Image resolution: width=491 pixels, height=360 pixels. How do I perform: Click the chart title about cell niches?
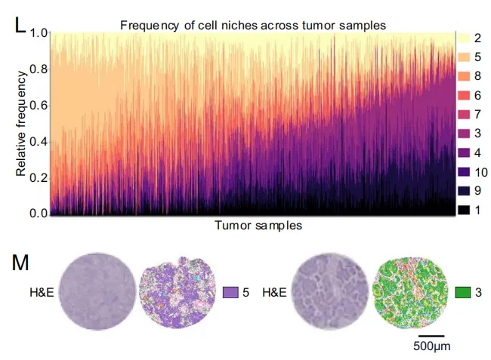[253, 26]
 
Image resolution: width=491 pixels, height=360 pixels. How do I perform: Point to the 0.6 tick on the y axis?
[38, 106]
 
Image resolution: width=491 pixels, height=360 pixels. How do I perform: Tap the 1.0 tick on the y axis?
[38, 33]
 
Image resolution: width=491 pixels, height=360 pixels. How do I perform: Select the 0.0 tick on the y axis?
[38, 214]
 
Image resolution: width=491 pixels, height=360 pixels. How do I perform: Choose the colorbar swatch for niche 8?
[465, 75]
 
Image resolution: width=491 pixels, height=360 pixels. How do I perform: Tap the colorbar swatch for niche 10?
[465, 171]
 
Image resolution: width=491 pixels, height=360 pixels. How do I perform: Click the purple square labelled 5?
[231, 292]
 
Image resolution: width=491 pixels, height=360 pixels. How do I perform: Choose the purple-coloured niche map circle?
[178, 293]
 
